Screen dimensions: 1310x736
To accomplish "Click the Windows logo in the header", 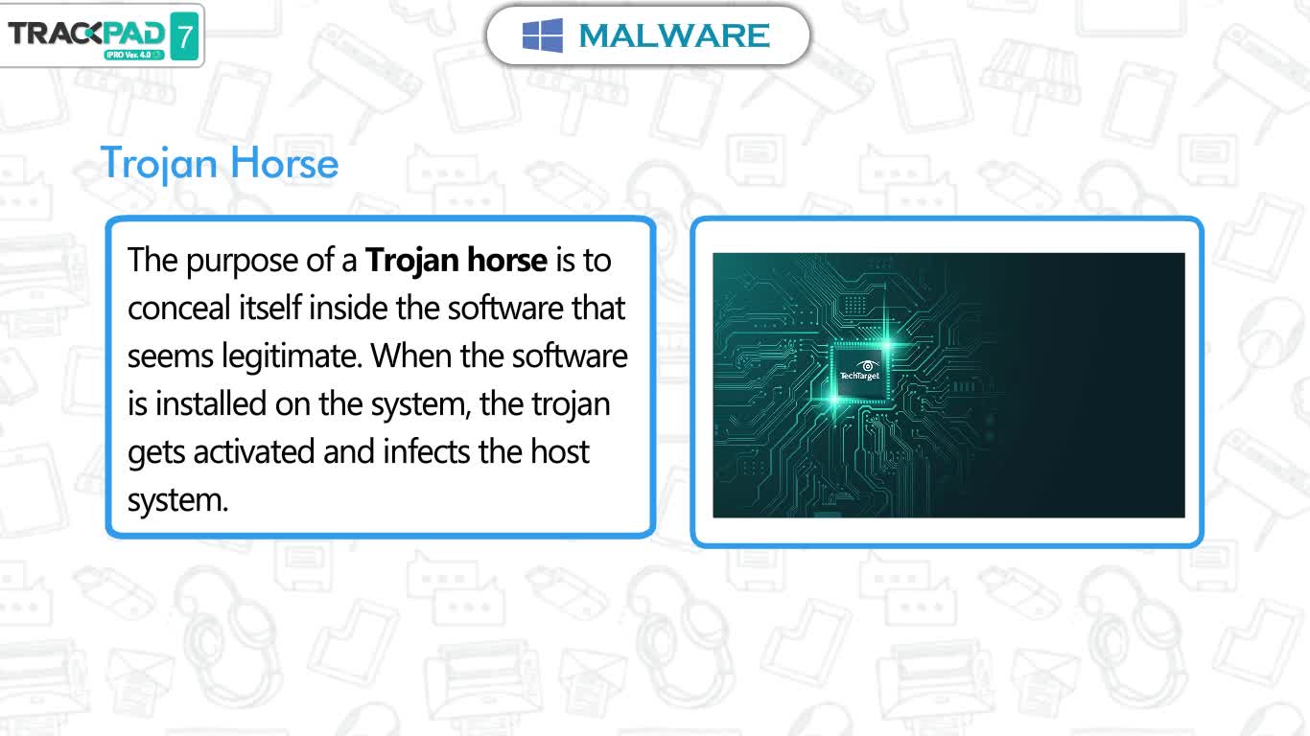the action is [x=543, y=35].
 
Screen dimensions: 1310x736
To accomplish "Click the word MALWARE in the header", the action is [x=674, y=35].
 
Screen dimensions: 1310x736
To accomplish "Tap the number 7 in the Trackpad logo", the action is [x=185, y=36].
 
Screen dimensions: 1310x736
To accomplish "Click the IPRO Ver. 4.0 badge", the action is [x=134, y=55].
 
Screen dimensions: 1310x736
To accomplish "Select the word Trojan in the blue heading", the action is [x=159, y=164].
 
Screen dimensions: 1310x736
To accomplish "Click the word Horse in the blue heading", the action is [x=284, y=163].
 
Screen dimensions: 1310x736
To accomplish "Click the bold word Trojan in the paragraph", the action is [x=412, y=261].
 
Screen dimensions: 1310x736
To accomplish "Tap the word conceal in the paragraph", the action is [x=179, y=308].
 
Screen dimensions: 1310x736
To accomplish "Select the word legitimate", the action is [x=292, y=356].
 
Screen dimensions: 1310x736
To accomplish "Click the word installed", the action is [x=211, y=403].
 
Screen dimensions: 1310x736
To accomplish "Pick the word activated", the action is [x=254, y=452].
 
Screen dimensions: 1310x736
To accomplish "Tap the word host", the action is [x=560, y=452].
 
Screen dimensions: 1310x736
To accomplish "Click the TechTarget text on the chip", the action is [x=859, y=376].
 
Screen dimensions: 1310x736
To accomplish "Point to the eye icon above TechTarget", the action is [x=867, y=366].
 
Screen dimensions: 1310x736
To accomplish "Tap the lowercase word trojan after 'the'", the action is [x=571, y=404].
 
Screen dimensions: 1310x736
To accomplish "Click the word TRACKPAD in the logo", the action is [x=86, y=34].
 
